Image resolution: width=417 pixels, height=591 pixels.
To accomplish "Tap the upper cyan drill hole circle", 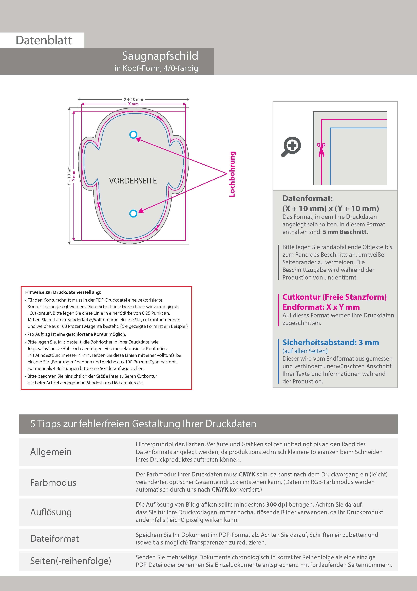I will (x=133, y=135).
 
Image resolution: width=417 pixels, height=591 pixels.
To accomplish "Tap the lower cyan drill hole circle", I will (x=133, y=213).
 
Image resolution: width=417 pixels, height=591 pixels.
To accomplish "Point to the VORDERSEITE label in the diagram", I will (x=133, y=181).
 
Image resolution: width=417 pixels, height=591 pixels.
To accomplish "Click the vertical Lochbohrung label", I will (x=232, y=174).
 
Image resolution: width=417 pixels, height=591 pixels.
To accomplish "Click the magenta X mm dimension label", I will (x=133, y=104).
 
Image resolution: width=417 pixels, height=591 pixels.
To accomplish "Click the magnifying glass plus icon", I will (x=291, y=146).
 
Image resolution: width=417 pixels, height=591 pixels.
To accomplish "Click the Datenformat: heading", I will (x=307, y=198).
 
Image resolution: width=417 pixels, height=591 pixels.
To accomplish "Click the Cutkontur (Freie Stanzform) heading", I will (x=334, y=297).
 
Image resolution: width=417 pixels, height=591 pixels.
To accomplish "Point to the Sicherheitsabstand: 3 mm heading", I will (x=330, y=343).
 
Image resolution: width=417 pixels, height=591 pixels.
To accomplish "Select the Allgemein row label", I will (x=51, y=452).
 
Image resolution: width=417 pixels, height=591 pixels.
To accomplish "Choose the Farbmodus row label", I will (x=53, y=482).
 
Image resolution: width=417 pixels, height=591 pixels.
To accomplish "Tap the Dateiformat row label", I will (x=54, y=538).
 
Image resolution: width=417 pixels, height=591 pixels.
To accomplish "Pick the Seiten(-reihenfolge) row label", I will (x=70, y=561).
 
